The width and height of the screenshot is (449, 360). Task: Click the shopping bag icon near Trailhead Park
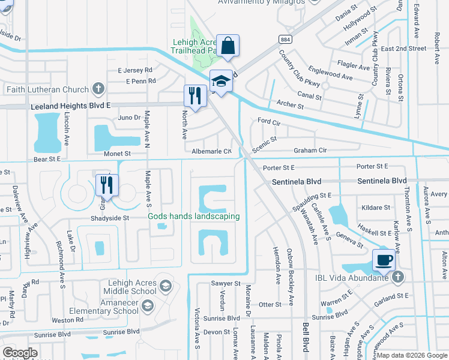(x=228, y=45)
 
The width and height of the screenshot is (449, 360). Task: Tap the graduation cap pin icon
(x=221, y=81)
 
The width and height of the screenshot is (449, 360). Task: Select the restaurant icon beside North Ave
(x=194, y=95)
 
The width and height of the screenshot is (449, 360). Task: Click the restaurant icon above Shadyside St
(x=106, y=184)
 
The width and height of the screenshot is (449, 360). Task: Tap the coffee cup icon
(x=384, y=260)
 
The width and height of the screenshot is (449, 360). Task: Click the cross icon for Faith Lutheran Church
(x=98, y=89)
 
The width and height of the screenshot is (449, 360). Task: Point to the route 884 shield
(x=285, y=38)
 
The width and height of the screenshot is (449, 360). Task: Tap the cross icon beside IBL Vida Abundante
(x=398, y=277)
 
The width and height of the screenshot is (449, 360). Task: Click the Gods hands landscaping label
(x=194, y=216)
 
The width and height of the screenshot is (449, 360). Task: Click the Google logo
(x=20, y=353)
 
